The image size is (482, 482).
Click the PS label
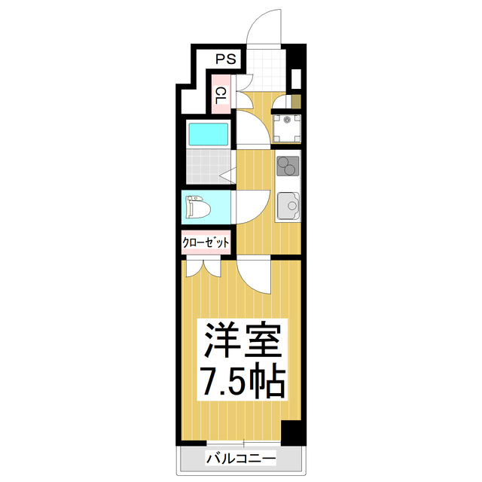[224, 58]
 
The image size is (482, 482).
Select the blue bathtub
[209, 135]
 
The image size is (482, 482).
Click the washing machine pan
[287, 128]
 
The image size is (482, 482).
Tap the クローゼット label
[206, 243]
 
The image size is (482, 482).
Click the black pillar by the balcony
[291, 433]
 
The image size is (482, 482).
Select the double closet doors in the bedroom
[202, 266]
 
